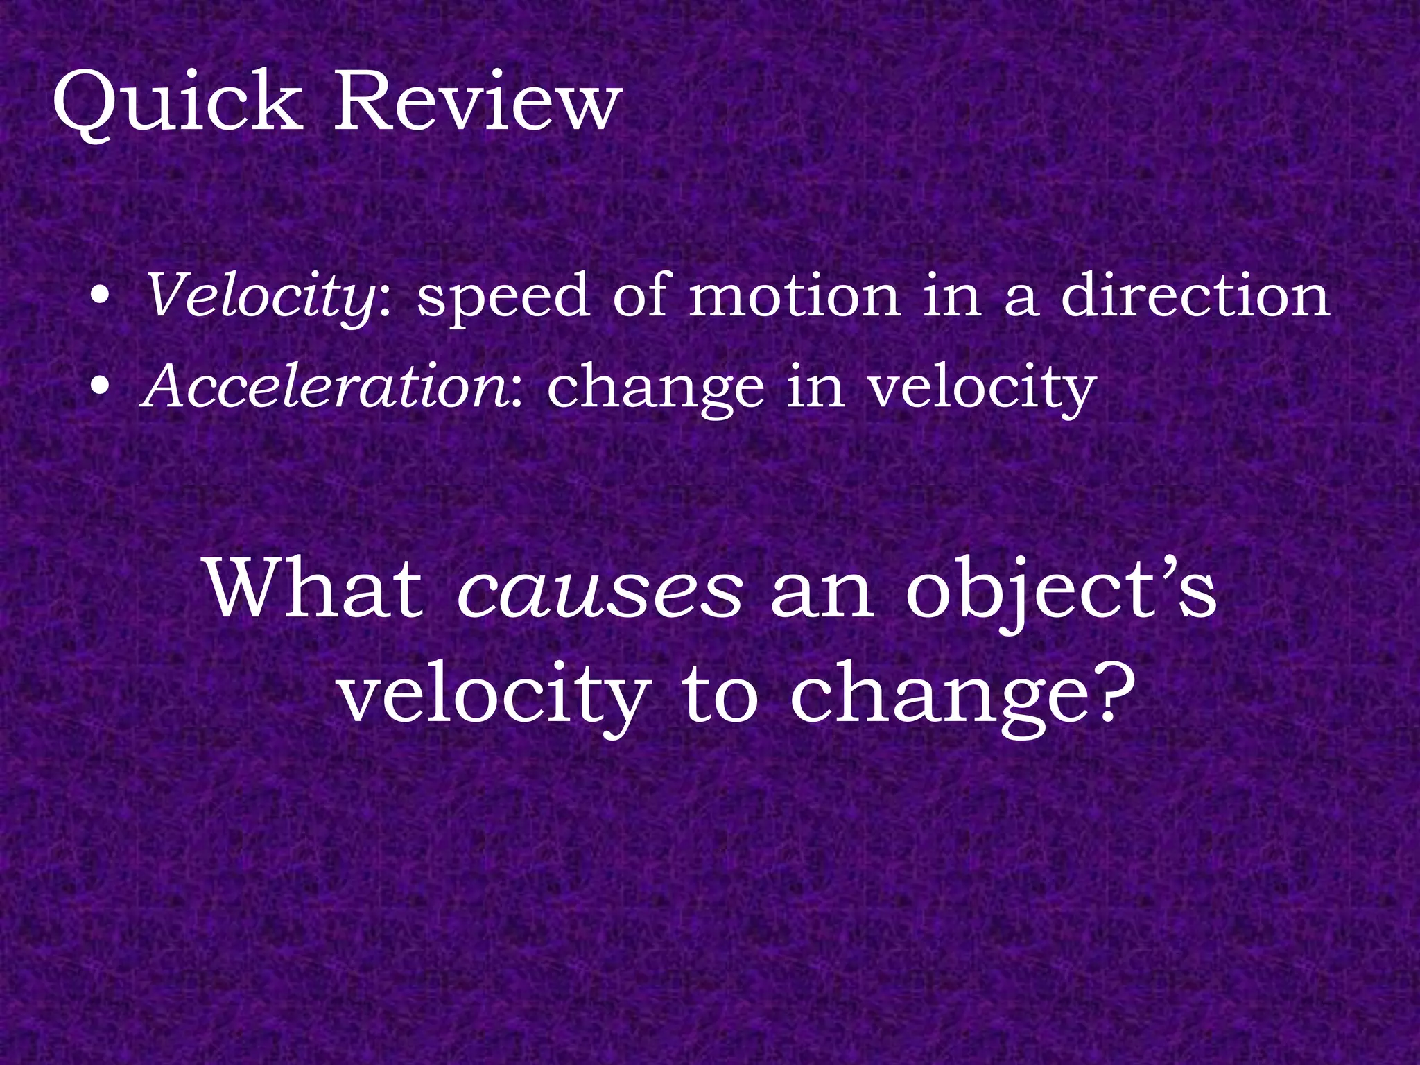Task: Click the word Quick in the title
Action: (x=177, y=104)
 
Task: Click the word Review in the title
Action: (x=474, y=104)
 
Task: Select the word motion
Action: (x=795, y=297)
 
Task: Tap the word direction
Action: (x=1195, y=297)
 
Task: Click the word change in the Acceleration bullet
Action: (x=655, y=388)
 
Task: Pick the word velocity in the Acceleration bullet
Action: (x=982, y=388)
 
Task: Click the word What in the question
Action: (x=315, y=589)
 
